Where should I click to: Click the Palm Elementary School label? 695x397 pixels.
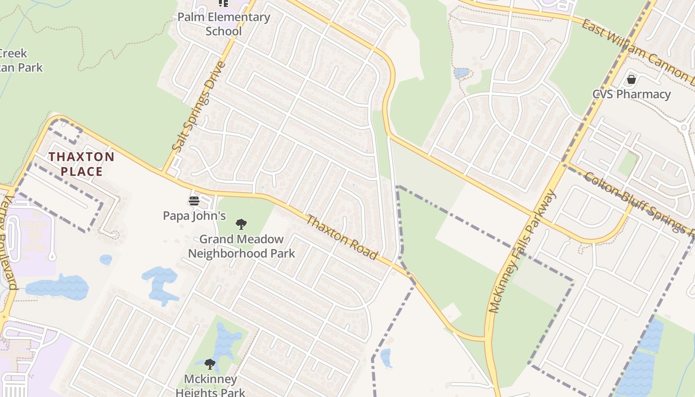click(223, 24)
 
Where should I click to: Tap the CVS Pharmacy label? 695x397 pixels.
click(631, 94)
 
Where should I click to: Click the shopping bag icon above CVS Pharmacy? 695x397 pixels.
click(631, 79)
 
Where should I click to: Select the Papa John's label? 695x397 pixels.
click(195, 216)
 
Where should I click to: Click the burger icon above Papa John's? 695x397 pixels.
click(194, 201)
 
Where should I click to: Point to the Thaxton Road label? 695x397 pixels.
click(342, 237)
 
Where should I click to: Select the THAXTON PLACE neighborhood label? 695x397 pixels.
click(81, 164)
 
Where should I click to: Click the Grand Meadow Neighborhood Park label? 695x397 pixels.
click(241, 246)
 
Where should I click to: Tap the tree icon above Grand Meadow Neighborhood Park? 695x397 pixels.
click(241, 224)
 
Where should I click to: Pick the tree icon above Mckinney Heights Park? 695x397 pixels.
click(210, 365)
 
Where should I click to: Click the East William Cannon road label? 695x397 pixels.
click(638, 52)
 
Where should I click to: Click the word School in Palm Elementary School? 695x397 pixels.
click(223, 31)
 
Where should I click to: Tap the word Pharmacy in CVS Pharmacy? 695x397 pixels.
click(644, 94)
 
